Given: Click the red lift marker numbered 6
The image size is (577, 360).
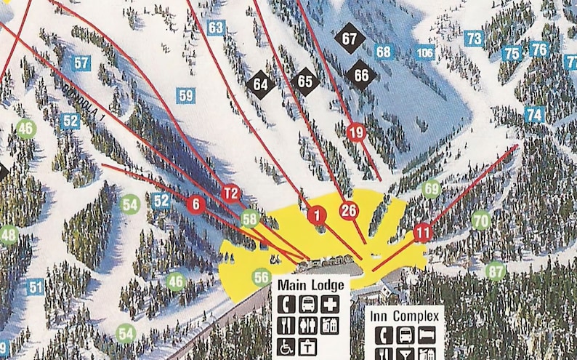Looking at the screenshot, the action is tap(195, 204).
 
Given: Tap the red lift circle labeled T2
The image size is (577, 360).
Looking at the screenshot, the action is tap(230, 193).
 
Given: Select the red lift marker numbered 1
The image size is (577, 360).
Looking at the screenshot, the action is tap(316, 215).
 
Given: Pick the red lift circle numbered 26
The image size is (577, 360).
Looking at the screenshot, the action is tap(349, 211).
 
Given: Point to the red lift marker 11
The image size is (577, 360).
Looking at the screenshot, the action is tap(423, 233).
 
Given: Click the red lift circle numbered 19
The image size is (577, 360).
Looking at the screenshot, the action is tap(356, 132).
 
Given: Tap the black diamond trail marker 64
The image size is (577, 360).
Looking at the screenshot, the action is tap(260, 84).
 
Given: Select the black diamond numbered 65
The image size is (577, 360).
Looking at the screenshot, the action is tap(305, 81).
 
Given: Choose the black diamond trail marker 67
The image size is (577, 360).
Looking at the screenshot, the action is tap(350, 39).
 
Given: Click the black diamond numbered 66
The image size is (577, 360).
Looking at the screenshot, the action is tap(361, 74).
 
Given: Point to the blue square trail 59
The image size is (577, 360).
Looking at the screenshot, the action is tap(186, 95).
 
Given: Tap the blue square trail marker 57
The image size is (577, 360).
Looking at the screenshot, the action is tap(81, 63).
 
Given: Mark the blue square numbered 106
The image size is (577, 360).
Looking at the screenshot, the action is tap(424, 52).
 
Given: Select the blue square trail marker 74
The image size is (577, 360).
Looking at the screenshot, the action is tap(534, 114).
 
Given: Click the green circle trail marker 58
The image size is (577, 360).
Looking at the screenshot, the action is tap(250, 217).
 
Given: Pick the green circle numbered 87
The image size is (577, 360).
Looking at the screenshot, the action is tap(496, 271).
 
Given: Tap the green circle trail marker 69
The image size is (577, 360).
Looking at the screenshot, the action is tap(432, 189).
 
